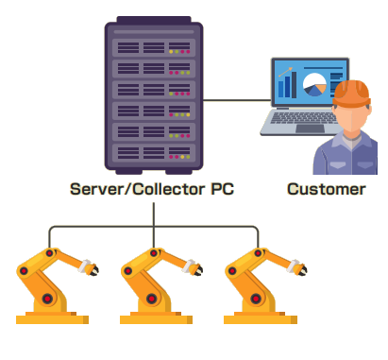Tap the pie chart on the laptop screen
pyautogui.click(x=316, y=83)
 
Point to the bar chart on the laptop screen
pyautogui.click(x=286, y=86)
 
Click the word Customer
pyautogui.click(x=326, y=189)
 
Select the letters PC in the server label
pyautogui.click(x=221, y=189)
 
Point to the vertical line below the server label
pyautogui.click(x=153, y=214)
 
